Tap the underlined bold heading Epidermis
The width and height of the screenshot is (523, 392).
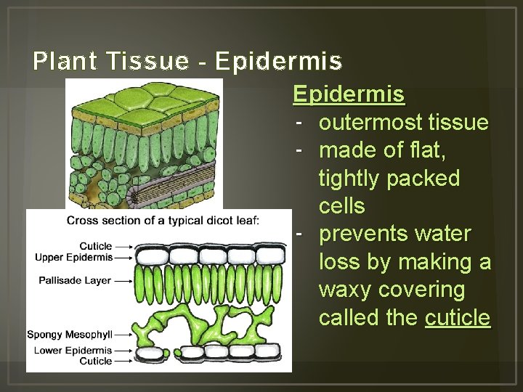point(349,95)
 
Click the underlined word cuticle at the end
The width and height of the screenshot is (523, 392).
point(458,317)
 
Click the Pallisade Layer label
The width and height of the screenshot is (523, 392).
point(76,279)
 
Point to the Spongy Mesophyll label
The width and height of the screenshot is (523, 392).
point(70,335)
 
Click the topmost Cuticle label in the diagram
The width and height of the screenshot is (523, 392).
point(96,246)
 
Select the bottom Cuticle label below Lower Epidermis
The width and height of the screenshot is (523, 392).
point(96,361)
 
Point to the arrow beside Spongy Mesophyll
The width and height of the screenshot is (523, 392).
point(123,335)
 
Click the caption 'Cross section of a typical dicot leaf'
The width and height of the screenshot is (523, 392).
point(162,221)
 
